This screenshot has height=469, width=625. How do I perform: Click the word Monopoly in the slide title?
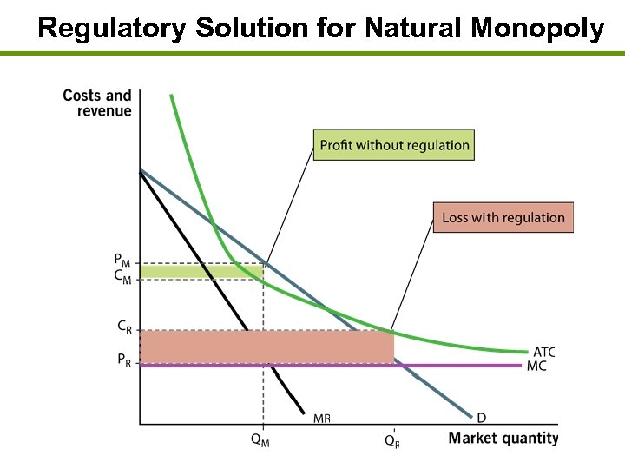(536, 29)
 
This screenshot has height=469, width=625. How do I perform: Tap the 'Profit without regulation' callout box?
(394, 145)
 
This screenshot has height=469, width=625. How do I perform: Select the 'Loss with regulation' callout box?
(503, 217)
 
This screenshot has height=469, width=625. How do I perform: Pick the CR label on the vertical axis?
(125, 327)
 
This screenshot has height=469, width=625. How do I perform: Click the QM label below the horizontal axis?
(260, 439)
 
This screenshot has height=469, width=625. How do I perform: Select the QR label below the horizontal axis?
(392, 439)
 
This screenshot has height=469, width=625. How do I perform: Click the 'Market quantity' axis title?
(503, 438)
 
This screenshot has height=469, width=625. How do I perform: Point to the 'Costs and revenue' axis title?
(97, 102)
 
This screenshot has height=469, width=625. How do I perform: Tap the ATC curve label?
(543, 352)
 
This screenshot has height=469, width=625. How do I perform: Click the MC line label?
(537, 366)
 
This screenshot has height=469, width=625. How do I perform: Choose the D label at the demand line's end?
(481, 416)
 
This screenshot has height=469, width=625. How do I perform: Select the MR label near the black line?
(321, 418)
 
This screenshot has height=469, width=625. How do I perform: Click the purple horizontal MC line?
(469, 366)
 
